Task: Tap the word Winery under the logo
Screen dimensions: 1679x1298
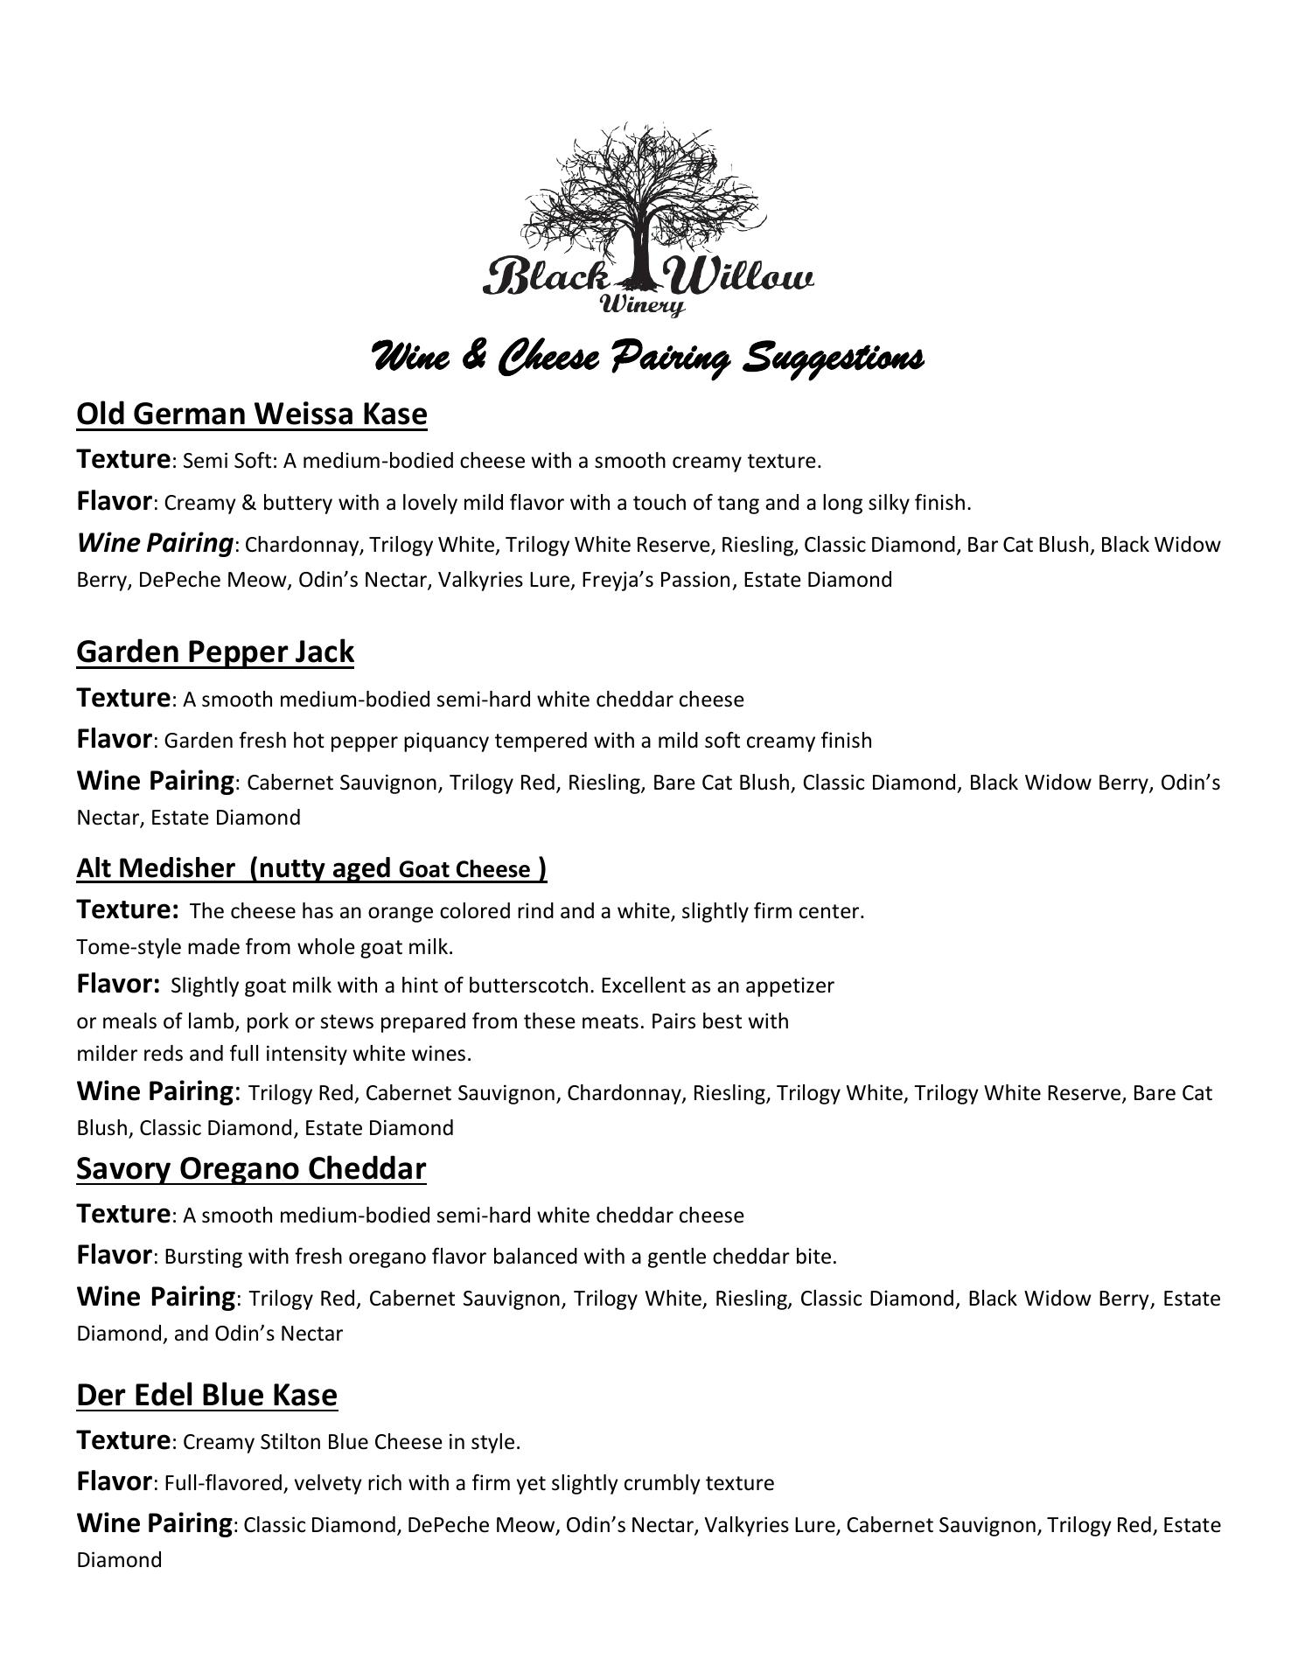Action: coord(642,304)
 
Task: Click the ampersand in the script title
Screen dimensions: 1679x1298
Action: coord(473,357)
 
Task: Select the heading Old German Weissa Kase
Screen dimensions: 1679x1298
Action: coord(252,413)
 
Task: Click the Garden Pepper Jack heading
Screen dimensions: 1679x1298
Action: coord(215,651)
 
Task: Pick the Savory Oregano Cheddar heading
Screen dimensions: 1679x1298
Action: coord(251,1168)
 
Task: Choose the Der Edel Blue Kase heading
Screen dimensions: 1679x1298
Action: coord(206,1395)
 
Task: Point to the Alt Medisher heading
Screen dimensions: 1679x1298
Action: coord(311,867)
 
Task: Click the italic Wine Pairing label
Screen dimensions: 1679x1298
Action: coord(155,543)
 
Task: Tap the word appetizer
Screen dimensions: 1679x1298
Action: coord(790,986)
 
